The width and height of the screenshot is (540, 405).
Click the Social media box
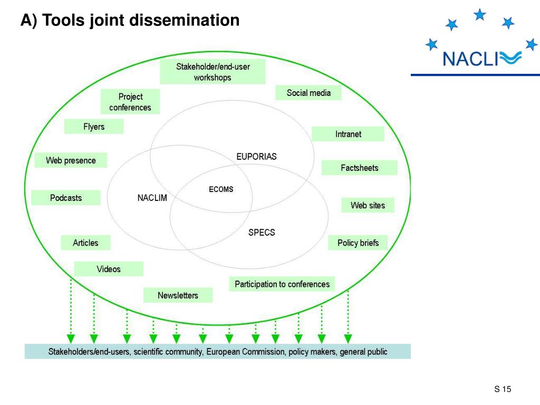click(308, 93)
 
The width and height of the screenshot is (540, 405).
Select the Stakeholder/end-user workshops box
click(213, 72)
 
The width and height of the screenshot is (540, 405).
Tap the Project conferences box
click(130, 102)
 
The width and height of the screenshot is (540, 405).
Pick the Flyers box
click(94, 127)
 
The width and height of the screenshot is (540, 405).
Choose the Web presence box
click(71, 160)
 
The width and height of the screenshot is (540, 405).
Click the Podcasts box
click(66, 198)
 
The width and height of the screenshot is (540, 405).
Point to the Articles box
click(85, 243)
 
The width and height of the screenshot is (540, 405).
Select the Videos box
click(109, 269)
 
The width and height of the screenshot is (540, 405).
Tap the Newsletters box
click(178, 295)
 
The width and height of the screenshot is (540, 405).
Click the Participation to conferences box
click(282, 284)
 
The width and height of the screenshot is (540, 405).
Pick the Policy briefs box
click(358, 243)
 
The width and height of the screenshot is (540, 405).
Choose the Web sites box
click(368, 205)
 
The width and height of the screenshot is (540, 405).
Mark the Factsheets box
click(359, 168)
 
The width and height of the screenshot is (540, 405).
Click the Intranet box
click(348, 134)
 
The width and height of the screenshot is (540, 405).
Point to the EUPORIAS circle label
click(256, 157)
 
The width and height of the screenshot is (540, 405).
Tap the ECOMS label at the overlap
click(221, 189)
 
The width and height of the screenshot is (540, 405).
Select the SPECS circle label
click(262, 232)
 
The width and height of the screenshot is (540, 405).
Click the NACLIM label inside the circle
click(152, 198)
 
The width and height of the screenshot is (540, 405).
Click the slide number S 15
click(503, 389)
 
